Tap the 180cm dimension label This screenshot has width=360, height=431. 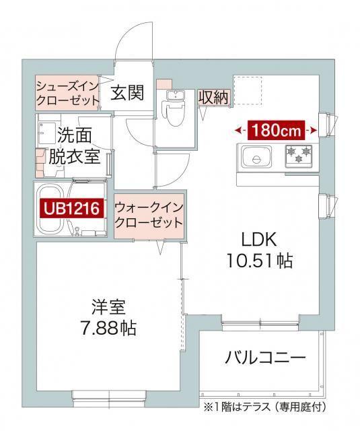tap(276, 129)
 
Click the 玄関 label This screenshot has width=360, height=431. tap(128, 93)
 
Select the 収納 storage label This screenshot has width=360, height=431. tap(213, 96)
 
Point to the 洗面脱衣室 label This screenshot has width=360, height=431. tap(74, 146)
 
